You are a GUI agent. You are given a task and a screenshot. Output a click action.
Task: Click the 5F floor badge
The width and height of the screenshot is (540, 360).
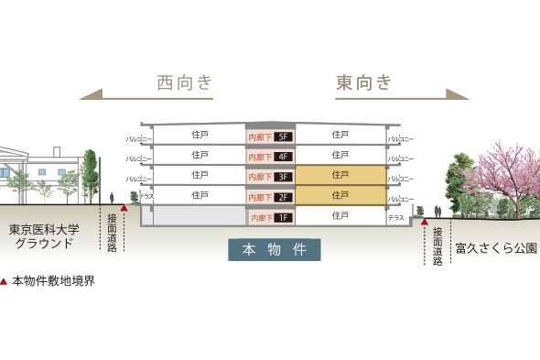283,136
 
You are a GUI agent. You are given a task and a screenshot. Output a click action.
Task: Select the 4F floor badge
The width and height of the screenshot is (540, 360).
283,157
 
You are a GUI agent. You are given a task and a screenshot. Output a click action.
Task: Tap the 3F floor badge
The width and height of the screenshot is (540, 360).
283,177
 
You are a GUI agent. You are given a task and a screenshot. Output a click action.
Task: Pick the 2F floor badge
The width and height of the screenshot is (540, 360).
283,197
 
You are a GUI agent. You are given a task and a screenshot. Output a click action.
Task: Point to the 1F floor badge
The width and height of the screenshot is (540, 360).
283,218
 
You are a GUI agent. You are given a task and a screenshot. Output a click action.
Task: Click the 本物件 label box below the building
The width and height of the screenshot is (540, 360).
274,249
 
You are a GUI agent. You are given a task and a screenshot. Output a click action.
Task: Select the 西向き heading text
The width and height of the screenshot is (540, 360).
185,83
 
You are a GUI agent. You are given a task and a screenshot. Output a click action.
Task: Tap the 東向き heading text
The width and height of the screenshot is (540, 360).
363,83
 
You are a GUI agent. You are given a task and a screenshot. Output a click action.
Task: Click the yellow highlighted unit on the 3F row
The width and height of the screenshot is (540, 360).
340,174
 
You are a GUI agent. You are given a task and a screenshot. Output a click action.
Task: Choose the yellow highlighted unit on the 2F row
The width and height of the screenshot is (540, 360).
340,195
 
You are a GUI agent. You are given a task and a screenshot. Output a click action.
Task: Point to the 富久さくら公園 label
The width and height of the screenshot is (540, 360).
495,248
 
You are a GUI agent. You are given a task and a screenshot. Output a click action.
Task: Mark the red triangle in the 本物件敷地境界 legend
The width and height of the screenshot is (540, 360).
5,282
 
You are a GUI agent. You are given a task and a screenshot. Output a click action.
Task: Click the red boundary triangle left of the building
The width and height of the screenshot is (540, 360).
124,209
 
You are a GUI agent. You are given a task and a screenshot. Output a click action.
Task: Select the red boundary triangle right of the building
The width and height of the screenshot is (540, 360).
424,222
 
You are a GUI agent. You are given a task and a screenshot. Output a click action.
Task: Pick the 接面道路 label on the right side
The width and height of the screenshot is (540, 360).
437,246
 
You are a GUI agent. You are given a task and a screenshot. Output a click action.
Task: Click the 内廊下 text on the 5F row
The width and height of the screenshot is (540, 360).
259,136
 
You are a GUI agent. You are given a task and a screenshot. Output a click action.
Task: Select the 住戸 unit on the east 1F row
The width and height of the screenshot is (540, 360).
340,216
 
